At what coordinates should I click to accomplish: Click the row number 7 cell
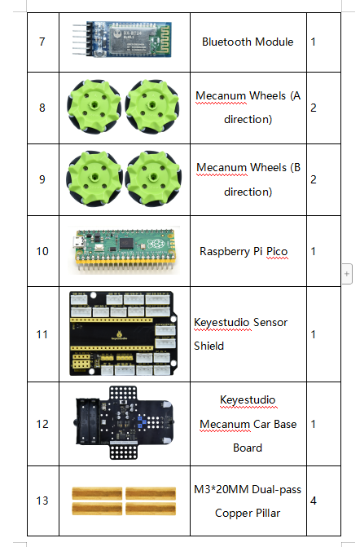(x=42, y=42)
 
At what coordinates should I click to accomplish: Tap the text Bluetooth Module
(x=248, y=42)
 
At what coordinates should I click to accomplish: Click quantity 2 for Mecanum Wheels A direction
(x=314, y=108)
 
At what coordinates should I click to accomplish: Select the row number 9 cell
(x=42, y=179)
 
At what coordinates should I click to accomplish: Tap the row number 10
(x=42, y=251)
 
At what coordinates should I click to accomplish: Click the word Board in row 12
(x=248, y=448)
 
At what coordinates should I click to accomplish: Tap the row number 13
(x=42, y=501)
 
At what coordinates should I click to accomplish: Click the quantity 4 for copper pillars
(x=314, y=501)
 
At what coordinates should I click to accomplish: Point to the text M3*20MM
(x=223, y=489)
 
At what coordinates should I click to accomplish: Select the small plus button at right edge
(x=347, y=275)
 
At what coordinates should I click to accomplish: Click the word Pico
(x=275, y=251)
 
